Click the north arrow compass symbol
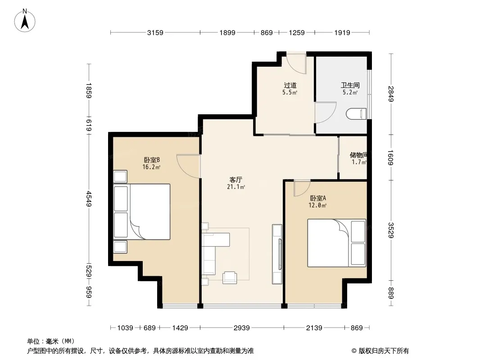click(25, 21)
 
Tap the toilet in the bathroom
click(356, 114)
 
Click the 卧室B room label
click(152, 160)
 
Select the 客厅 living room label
click(235, 180)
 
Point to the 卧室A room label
click(318, 198)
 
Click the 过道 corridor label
click(290, 85)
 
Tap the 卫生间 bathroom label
click(350, 85)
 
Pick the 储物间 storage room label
click(358, 155)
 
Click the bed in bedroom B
click(142, 211)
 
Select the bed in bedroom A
click(337, 243)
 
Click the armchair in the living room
click(230, 277)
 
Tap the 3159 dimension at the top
click(155, 32)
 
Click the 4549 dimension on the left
click(89, 198)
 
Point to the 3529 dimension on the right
click(391, 230)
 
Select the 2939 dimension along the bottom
click(241, 328)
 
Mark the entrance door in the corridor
click(296, 63)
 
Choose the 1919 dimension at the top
click(342, 32)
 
